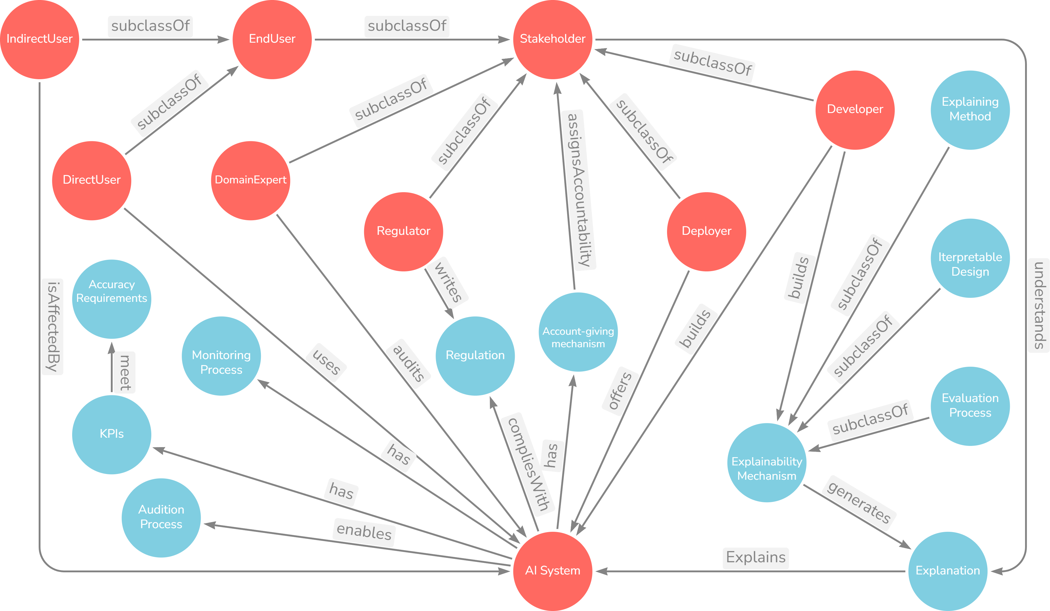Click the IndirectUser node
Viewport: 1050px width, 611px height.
pos(39,39)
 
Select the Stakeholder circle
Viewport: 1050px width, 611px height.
pos(553,39)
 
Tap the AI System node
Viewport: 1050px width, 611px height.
pos(553,570)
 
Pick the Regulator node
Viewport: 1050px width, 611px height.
pos(403,231)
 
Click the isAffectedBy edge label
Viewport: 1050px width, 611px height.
pos(52,327)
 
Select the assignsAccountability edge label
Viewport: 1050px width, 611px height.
pos(578,190)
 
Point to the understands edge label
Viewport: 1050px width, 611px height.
pos(1038,305)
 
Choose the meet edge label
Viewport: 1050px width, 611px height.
pos(124,372)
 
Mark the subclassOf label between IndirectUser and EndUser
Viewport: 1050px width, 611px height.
pos(150,26)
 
